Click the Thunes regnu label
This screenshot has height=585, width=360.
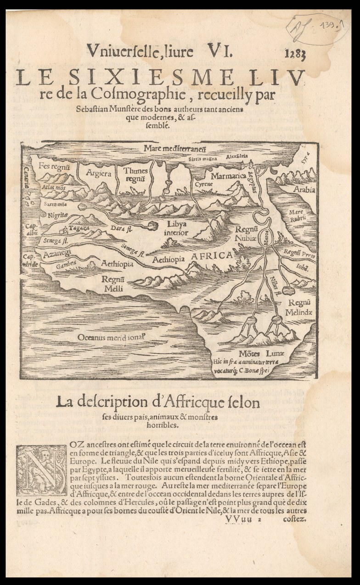coord(136,174)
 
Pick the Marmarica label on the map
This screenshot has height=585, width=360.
coord(226,175)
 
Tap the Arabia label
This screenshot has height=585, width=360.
coord(304,189)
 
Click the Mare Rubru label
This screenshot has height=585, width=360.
coord(297,216)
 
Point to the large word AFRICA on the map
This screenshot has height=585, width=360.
coord(212,256)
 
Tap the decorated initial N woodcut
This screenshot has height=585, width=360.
coord(41,470)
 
